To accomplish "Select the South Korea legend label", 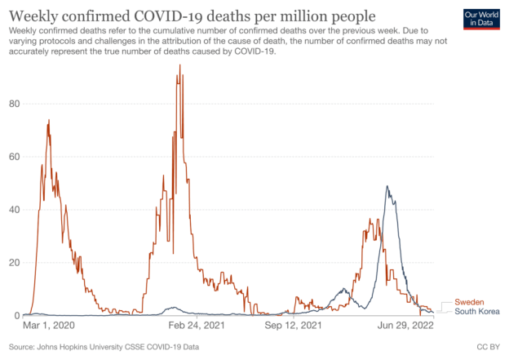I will [x=476, y=312].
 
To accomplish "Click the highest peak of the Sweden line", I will [x=179, y=65].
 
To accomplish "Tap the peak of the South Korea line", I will [x=387, y=187].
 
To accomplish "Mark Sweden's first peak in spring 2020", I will [x=49, y=121].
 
